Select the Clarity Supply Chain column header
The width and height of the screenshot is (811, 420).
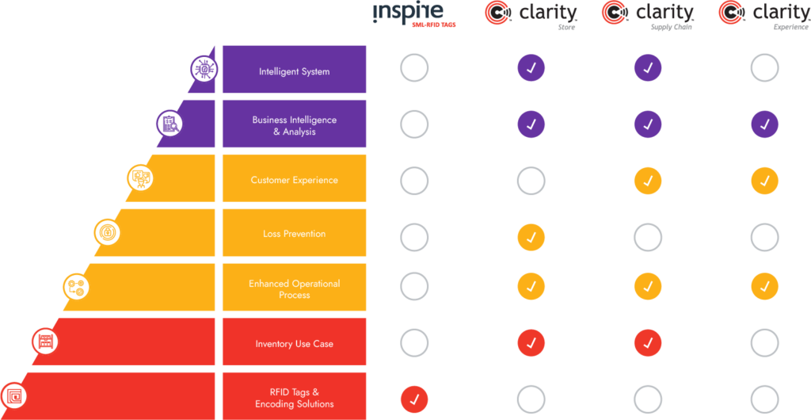[x=648, y=16]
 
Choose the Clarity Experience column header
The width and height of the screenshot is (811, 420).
[x=764, y=16]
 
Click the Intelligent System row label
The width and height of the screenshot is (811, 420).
[x=295, y=71]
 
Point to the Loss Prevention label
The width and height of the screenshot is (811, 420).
[x=295, y=234]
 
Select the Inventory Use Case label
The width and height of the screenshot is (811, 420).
[x=295, y=343]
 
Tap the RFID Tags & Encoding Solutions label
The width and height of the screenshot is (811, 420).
[x=295, y=399]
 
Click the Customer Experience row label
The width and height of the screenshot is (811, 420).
[x=295, y=180]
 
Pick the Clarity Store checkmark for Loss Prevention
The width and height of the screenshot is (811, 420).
[x=531, y=238]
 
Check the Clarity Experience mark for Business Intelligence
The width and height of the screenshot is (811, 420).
[x=764, y=124]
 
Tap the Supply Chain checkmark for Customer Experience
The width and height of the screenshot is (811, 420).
[x=648, y=181]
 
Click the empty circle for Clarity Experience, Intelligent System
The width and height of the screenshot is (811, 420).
[x=764, y=55]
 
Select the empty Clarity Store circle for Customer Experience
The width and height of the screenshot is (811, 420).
[x=531, y=168]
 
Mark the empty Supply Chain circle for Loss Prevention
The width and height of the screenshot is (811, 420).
[x=648, y=225]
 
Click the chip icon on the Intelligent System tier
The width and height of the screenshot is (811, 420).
[x=204, y=69]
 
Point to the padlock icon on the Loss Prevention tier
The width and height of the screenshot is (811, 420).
[x=107, y=233]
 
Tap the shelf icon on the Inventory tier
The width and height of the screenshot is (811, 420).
[x=45, y=342]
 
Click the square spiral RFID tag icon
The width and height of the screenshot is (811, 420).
[x=13, y=396]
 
